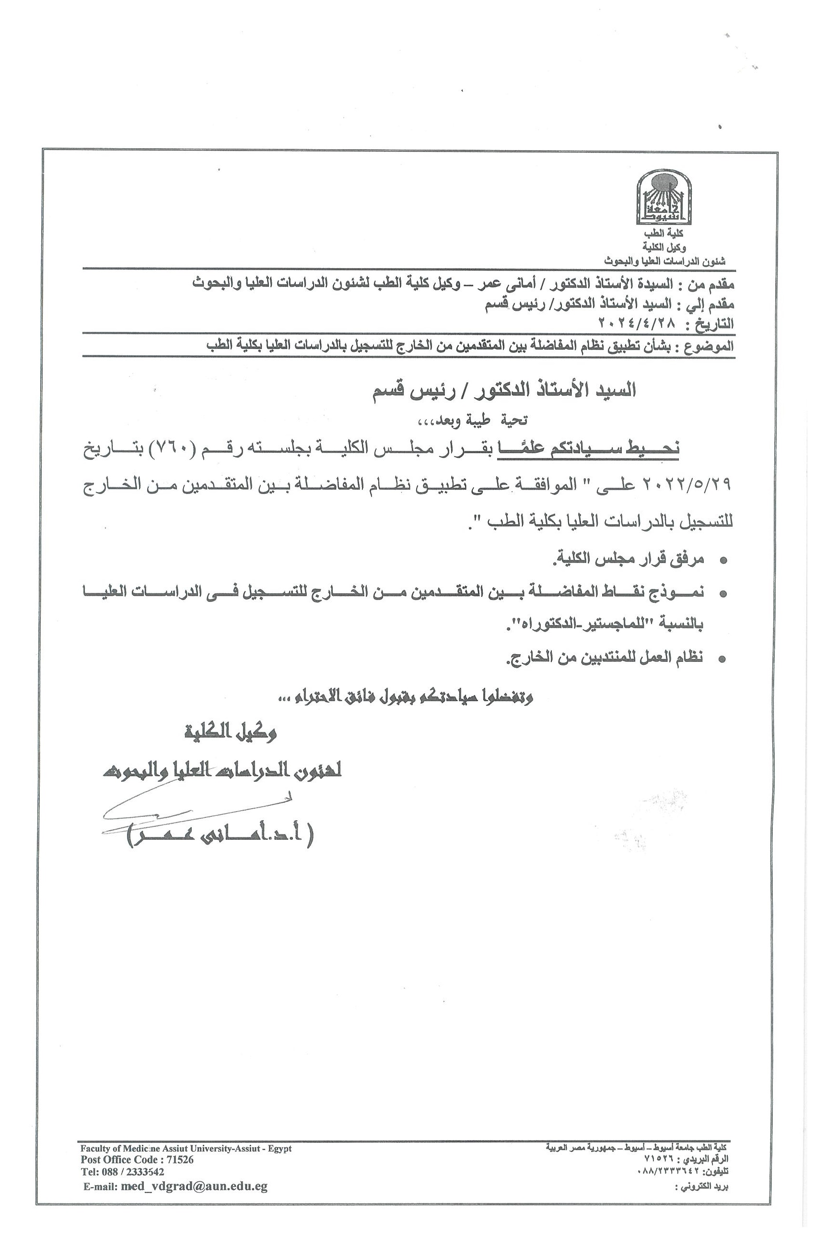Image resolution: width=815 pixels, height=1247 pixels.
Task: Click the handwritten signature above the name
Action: pos(194,810)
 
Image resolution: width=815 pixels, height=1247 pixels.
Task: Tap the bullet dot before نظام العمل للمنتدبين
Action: pos(723,659)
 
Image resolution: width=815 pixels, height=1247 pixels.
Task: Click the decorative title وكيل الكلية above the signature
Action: pos(231,732)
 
